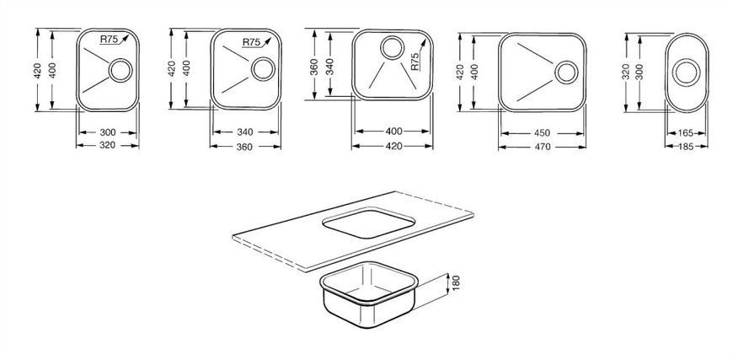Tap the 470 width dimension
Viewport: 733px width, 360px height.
pyautogui.click(x=543, y=147)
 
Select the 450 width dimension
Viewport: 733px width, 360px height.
pyautogui.click(x=543, y=133)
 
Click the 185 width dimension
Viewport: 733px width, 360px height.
pyautogui.click(x=687, y=147)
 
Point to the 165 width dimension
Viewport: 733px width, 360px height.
pyautogui.click(x=687, y=133)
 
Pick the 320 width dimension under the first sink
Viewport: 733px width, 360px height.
pyautogui.click(x=108, y=145)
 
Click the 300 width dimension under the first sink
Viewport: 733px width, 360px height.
pyautogui.click(x=108, y=132)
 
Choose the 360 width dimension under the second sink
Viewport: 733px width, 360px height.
pyautogui.click(x=244, y=147)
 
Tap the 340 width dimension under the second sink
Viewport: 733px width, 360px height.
pyautogui.click(x=244, y=132)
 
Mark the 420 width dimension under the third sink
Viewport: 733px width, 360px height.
pyautogui.click(x=394, y=146)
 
